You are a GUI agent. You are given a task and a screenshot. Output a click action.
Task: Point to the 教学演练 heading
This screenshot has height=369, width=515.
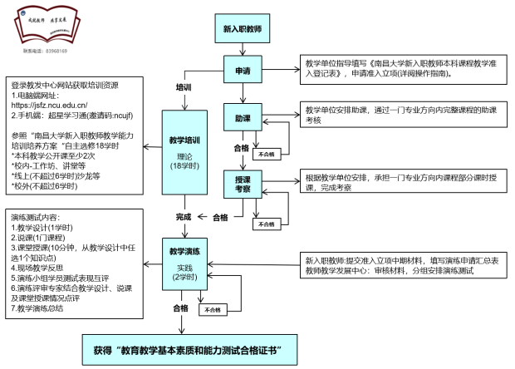(x=183, y=249)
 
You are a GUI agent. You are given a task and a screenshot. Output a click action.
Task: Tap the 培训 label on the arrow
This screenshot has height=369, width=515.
(x=184, y=86)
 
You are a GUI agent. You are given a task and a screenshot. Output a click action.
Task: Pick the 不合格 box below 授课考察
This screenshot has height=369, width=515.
(x=267, y=224)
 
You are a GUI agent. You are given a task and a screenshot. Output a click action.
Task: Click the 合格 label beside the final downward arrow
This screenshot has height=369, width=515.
(x=179, y=307)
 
